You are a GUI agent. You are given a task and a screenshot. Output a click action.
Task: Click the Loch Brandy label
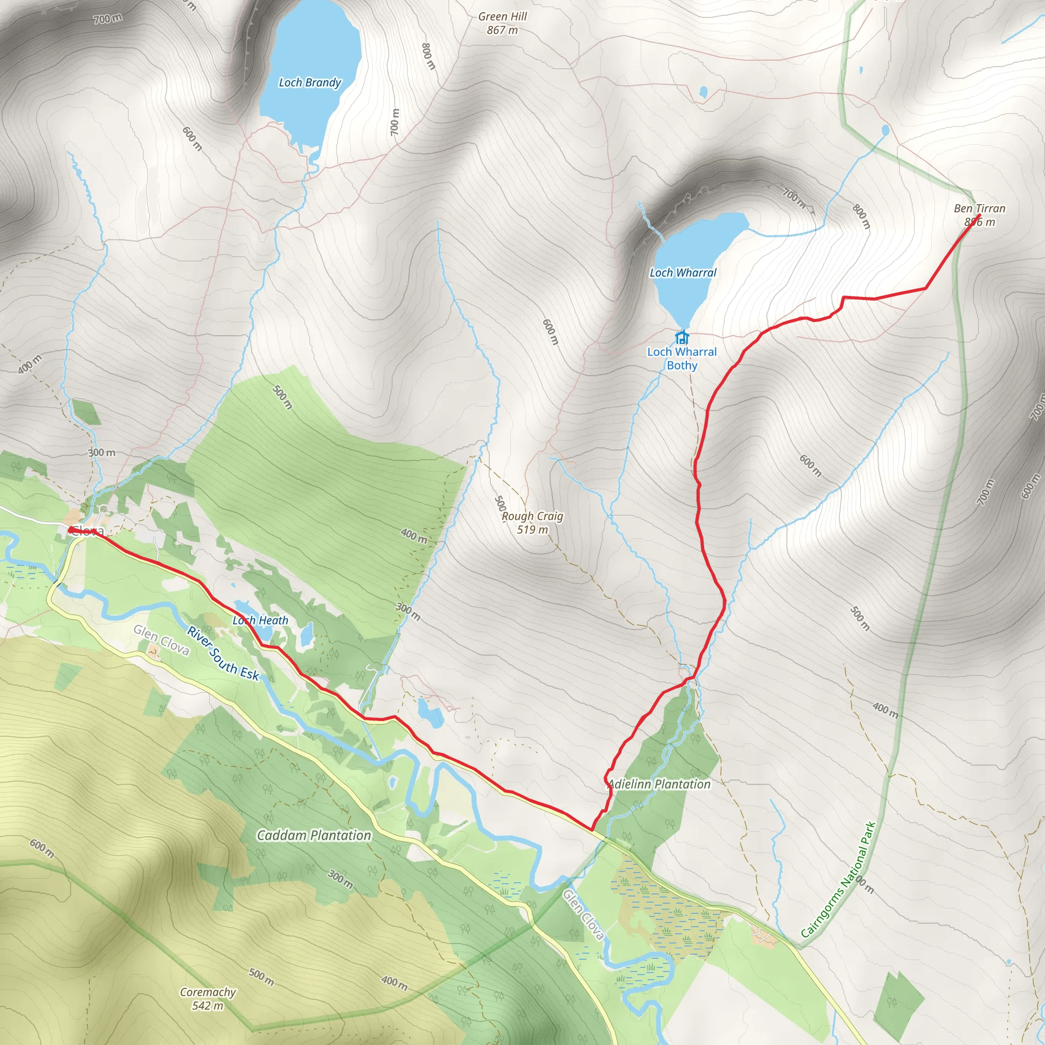(310, 83)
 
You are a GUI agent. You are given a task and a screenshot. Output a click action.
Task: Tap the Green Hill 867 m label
(502, 23)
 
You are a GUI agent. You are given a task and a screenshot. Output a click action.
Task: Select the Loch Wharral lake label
(683, 272)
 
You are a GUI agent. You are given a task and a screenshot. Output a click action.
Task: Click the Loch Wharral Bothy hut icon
(682, 337)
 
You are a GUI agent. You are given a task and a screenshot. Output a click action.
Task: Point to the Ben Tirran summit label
(979, 214)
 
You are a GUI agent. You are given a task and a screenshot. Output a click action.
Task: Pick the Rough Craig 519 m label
(532, 522)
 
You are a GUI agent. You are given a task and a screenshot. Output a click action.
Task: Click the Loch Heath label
(260, 620)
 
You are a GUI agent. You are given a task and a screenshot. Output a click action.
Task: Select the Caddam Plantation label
(314, 835)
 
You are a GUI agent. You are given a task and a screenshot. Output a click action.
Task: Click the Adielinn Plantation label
(659, 784)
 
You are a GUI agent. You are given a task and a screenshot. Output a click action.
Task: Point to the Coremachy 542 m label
(208, 999)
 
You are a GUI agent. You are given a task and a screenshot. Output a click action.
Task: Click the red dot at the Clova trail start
(71, 530)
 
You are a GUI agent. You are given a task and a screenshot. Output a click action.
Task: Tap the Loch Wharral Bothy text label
(682, 358)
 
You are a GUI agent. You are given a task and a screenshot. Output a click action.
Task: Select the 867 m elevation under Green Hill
(502, 30)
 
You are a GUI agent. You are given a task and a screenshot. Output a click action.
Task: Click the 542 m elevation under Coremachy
(208, 1006)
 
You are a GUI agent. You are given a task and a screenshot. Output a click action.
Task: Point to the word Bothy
(682, 365)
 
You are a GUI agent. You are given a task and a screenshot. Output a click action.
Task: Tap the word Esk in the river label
(250, 673)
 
